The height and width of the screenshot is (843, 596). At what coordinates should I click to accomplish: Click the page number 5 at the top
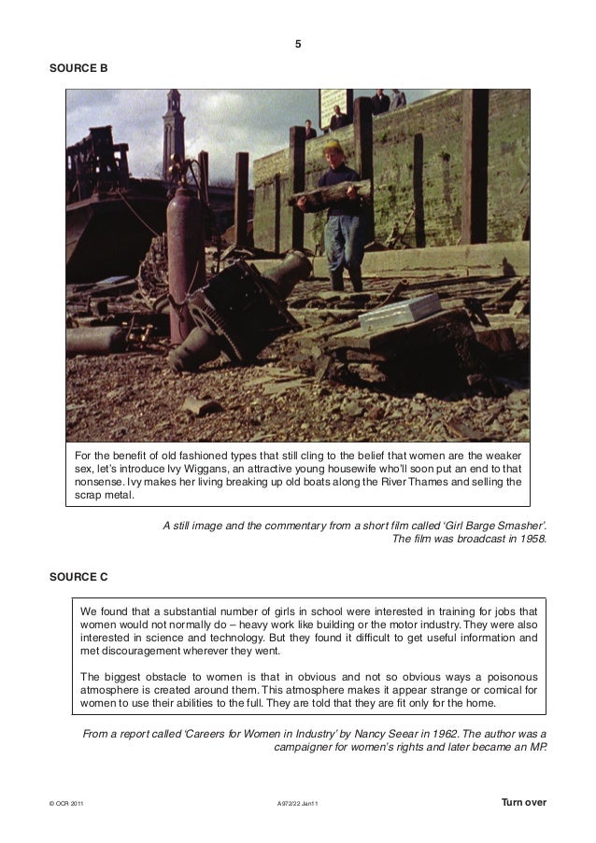[297, 44]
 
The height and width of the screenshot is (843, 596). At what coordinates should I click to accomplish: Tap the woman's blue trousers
[345, 241]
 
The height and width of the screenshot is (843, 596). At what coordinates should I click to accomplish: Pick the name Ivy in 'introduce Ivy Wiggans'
[194, 466]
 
